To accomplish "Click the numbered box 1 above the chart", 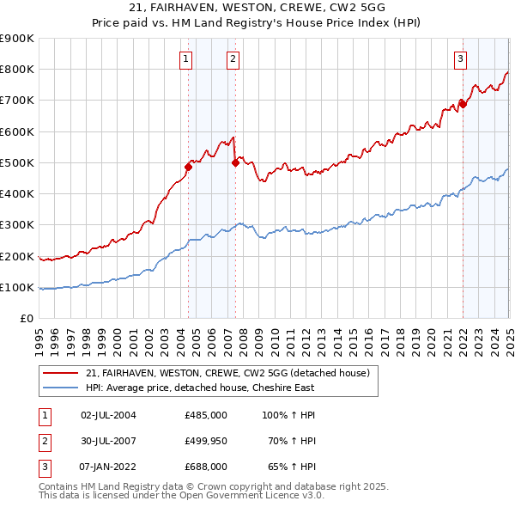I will tap(186, 59).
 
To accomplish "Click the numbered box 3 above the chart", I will tap(461, 59).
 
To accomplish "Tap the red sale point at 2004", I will tap(188, 167).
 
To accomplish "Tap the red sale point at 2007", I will tap(236, 162).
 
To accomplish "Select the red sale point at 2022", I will tap(463, 104).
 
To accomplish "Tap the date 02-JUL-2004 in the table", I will tap(108, 415).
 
